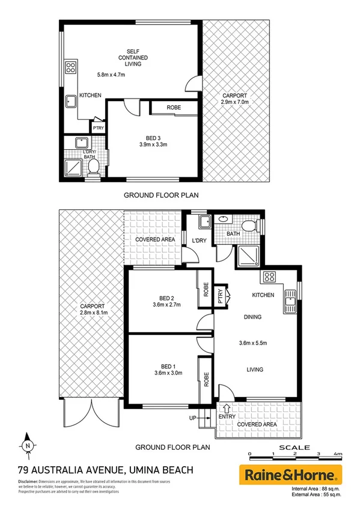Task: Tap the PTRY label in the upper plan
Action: [x=97, y=128]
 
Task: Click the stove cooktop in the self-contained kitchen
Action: [x=70, y=67]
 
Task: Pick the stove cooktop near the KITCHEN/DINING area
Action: [x=268, y=277]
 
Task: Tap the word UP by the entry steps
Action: [x=194, y=418]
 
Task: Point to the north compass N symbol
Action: [x=28, y=446]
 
